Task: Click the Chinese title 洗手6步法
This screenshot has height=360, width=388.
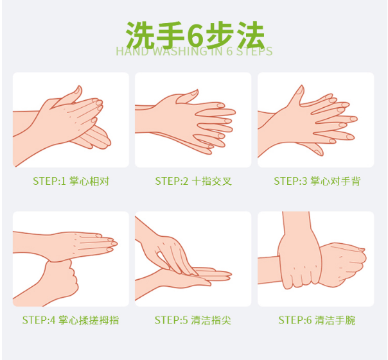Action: [195, 35]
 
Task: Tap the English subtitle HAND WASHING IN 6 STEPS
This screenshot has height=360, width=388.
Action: [194, 51]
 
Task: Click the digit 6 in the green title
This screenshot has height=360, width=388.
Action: [195, 36]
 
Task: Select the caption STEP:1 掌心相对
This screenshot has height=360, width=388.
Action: [71, 181]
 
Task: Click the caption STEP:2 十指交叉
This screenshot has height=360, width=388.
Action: [193, 181]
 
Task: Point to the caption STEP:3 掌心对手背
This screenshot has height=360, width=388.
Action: [317, 181]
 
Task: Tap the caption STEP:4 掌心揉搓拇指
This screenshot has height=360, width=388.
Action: [71, 320]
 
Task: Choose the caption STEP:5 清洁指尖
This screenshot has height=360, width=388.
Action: [193, 320]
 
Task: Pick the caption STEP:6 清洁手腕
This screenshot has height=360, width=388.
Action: [317, 320]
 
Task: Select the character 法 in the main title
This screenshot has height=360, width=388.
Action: [251, 35]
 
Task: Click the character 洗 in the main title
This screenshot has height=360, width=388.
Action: [140, 35]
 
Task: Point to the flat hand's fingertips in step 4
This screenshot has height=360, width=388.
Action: [110, 244]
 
